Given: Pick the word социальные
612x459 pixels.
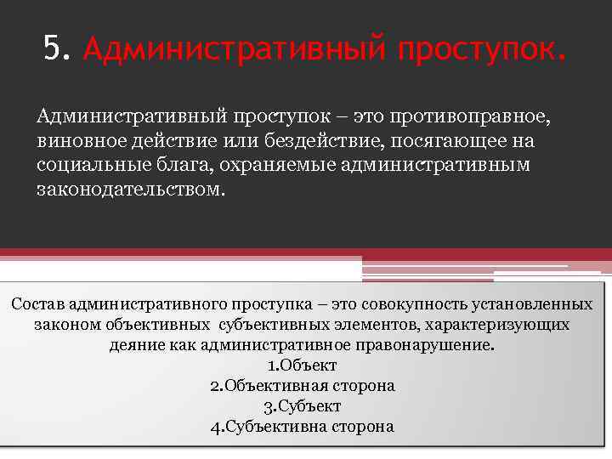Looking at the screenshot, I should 88,164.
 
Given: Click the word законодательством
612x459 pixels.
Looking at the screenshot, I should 132,189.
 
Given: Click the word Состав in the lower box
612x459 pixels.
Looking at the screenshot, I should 39,304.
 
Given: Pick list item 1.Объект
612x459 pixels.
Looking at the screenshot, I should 302,365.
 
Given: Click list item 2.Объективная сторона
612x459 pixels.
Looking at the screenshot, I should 302,386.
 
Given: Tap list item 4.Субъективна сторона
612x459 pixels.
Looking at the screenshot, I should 302,427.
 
